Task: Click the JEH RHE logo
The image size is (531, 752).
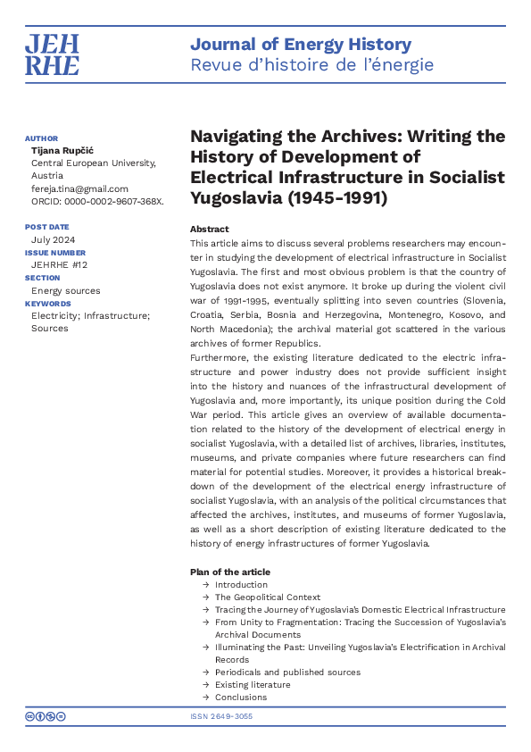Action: click(x=52, y=54)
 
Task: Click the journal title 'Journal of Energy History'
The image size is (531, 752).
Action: click(x=301, y=45)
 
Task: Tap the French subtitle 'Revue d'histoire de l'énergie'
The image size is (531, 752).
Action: click(x=311, y=65)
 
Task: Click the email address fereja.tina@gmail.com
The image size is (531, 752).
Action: click(x=79, y=188)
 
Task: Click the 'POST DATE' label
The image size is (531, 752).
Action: click(x=46, y=228)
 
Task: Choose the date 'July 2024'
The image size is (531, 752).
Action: click(x=54, y=240)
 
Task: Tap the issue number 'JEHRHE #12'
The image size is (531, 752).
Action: click(x=61, y=265)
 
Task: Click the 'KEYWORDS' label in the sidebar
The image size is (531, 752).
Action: click(x=47, y=304)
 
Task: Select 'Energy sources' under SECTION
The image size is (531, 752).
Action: click(x=65, y=290)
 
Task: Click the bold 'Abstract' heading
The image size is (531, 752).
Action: click(x=209, y=230)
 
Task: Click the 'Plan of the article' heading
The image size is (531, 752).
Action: click(x=229, y=572)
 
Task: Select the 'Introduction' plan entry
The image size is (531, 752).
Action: click(x=241, y=585)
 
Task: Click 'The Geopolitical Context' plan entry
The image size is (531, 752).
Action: click(x=267, y=597)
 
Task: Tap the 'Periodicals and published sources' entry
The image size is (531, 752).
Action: click(x=287, y=673)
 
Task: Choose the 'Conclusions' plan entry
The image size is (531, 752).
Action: click(x=240, y=698)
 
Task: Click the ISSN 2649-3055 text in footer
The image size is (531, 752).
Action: click(x=221, y=716)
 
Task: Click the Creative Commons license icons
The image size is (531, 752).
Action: click(x=46, y=716)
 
